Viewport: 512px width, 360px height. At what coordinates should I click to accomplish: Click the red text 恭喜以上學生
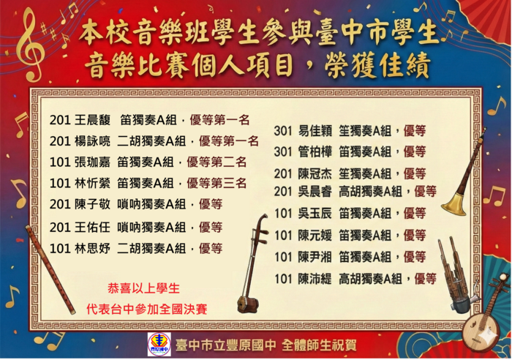tap(144, 288)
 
